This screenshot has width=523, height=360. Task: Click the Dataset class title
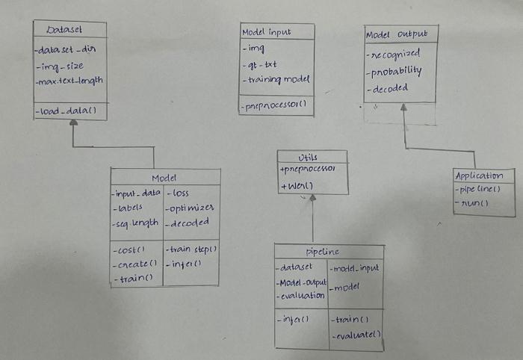64,30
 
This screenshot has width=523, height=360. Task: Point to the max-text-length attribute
69,81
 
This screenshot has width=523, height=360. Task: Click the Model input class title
267,32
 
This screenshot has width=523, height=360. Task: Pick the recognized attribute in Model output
395,55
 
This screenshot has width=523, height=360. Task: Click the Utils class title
308,157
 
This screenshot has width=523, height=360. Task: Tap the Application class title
479,176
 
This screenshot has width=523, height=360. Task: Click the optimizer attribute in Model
191,208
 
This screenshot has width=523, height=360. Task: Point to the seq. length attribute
135,223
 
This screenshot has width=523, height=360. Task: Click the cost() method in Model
129,250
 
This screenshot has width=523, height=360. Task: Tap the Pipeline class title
324,251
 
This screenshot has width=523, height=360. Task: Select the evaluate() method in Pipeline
356,335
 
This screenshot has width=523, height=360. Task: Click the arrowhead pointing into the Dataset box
72,125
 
